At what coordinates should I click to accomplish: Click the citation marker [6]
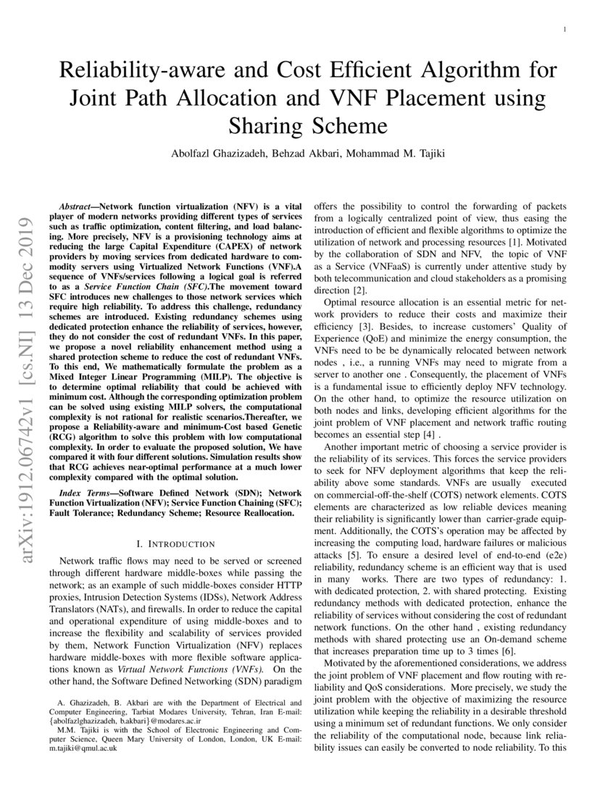507,651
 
